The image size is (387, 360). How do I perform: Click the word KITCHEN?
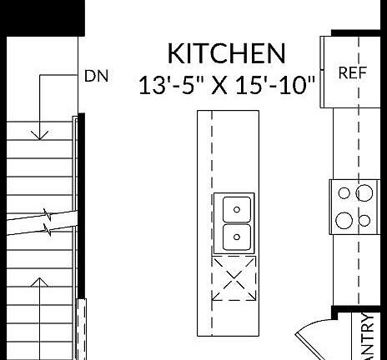[x=226, y=53]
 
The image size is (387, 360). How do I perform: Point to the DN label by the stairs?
[x=97, y=75]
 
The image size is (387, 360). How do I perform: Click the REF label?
[x=352, y=73]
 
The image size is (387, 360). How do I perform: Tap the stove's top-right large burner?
[x=364, y=194]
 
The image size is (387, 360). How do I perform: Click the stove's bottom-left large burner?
[x=344, y=220]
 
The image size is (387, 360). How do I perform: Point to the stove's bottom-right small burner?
[x=364, y=220]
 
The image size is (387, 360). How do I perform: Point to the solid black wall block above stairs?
[x=42, y=17]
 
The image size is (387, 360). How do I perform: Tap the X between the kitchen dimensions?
[x=221, y=84]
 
